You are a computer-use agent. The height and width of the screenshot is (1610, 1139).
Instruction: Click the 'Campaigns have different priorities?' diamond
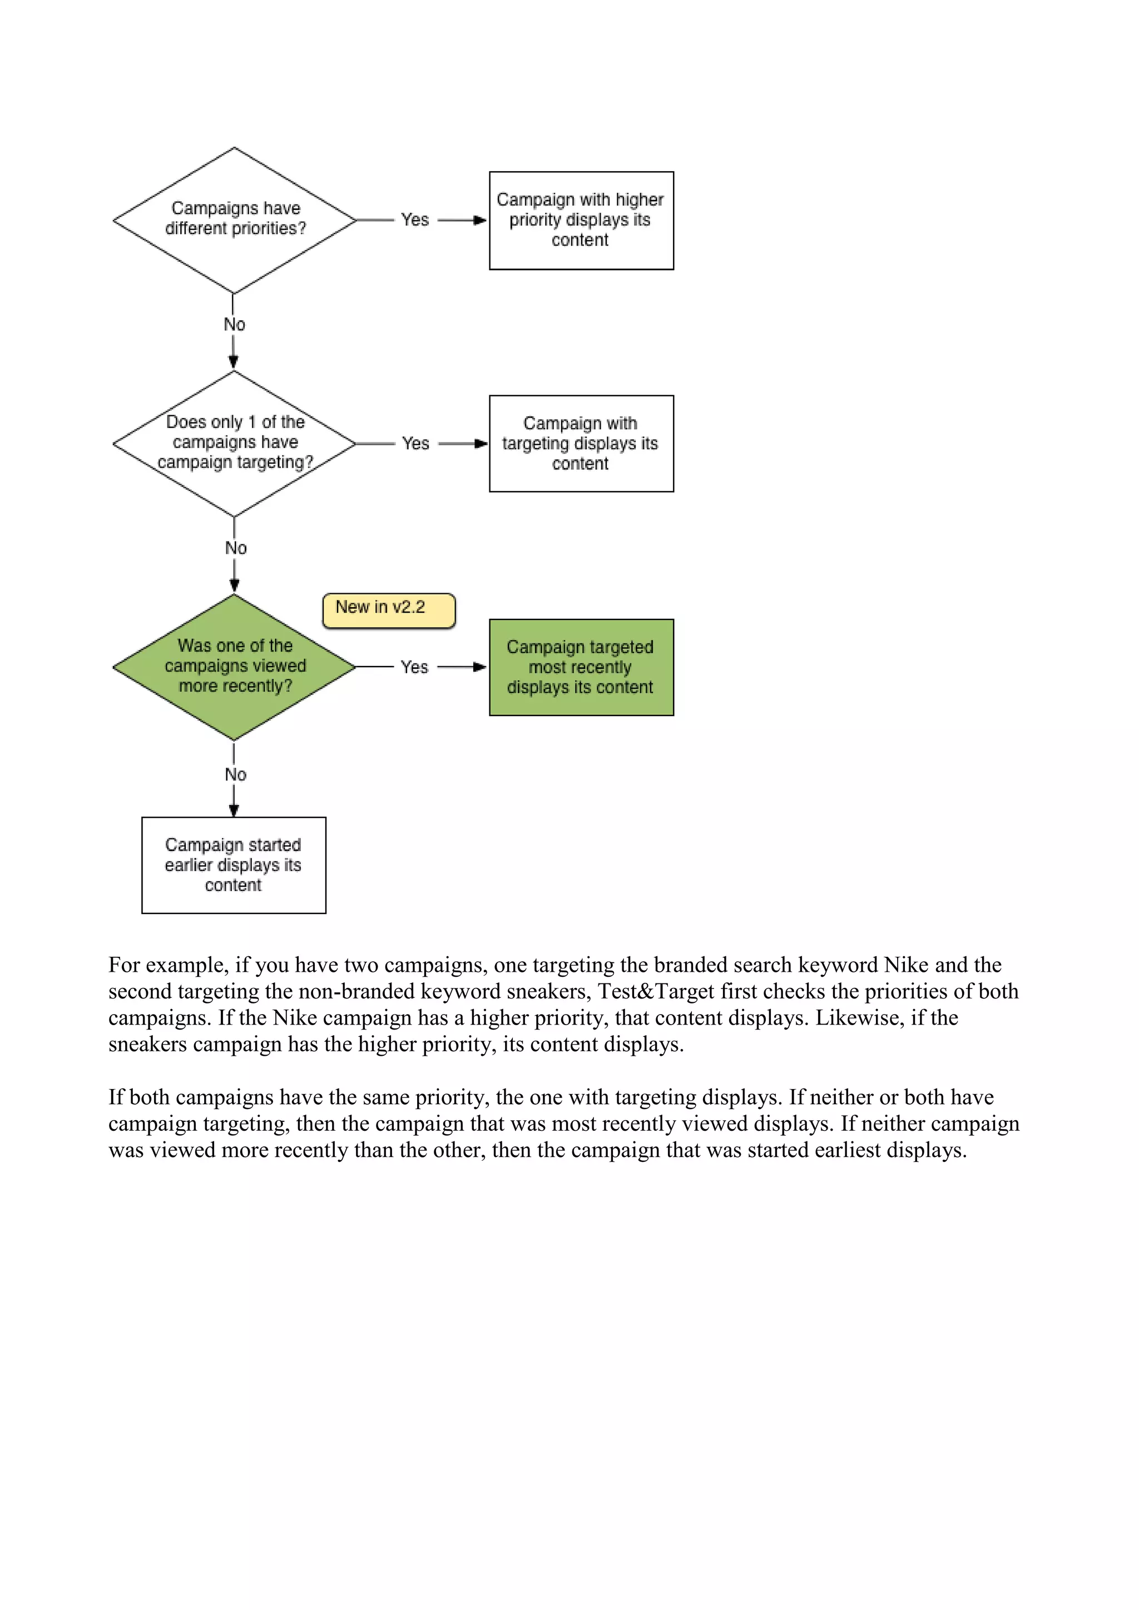click(x=234, y=220)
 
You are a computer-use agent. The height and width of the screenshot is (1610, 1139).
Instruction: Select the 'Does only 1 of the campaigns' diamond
click(x=234, y=443)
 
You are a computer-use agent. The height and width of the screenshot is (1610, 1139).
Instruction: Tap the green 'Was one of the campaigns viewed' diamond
click(x=234, y=667)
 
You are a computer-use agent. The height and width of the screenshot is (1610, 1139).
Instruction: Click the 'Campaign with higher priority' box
click(x=581, y=220)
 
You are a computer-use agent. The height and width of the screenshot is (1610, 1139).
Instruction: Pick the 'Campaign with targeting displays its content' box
click(x=581, y=443)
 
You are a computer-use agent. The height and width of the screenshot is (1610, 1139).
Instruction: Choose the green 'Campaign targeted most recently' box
click(x=581, y=667)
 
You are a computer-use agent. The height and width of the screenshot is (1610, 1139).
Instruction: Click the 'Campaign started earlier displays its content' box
click(x=234, y=864)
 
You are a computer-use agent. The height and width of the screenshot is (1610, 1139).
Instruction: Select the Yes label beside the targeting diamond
click(x=415, y=443)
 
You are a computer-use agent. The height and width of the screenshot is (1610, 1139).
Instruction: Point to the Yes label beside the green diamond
click(x=414, y=667)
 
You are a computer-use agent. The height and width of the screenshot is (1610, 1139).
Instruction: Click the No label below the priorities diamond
click(x=234, y=324)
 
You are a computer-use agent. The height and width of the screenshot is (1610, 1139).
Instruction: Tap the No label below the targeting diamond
click(x=236, y=548)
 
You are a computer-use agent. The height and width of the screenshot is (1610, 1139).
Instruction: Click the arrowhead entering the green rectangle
click(x=481, y=667)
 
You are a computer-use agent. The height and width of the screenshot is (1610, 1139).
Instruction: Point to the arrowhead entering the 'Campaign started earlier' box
click(x=234, y=811)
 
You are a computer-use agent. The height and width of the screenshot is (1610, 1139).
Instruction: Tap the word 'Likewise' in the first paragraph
click(x=857, y=1017)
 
